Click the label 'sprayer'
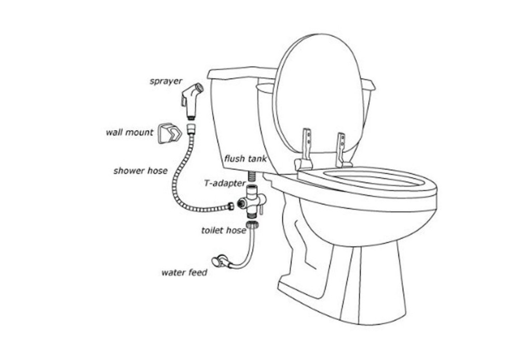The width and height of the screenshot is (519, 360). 166,81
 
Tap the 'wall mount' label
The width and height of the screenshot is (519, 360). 129,132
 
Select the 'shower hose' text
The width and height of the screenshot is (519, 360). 140,171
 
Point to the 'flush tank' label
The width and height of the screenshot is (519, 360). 245,159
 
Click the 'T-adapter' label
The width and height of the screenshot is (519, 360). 225,183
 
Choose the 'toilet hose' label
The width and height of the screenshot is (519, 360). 223,230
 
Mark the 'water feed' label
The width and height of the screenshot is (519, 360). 184,272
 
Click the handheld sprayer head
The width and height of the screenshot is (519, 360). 192,101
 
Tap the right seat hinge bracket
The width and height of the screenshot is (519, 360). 342,150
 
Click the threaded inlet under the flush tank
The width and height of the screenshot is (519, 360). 252,176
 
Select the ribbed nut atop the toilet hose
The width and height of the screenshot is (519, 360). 252,224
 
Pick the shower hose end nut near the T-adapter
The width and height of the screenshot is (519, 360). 230,206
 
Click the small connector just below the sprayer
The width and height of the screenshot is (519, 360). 192,129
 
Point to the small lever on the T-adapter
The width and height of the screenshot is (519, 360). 261,210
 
